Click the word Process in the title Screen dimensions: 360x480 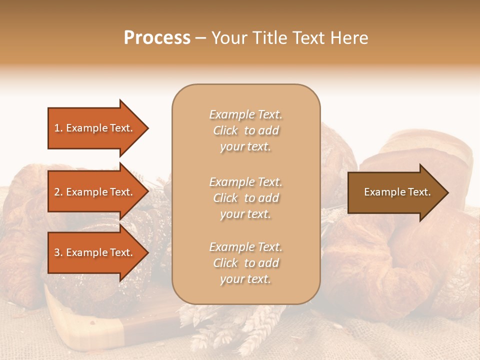tap(157, 38)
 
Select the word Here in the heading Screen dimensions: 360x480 tap(349, 38)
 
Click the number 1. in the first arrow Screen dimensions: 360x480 tap(58, 128)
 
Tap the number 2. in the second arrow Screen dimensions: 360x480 tap(58, 192)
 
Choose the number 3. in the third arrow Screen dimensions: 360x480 tap(58, 252)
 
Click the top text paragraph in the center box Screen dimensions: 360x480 tap(245, 130)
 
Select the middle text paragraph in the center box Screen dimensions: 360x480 tap(245, 198)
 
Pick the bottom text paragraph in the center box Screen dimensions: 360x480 tap(245, 263)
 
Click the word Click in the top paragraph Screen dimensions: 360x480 tap(225, 130)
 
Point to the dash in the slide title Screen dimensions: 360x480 tap(200, 38)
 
